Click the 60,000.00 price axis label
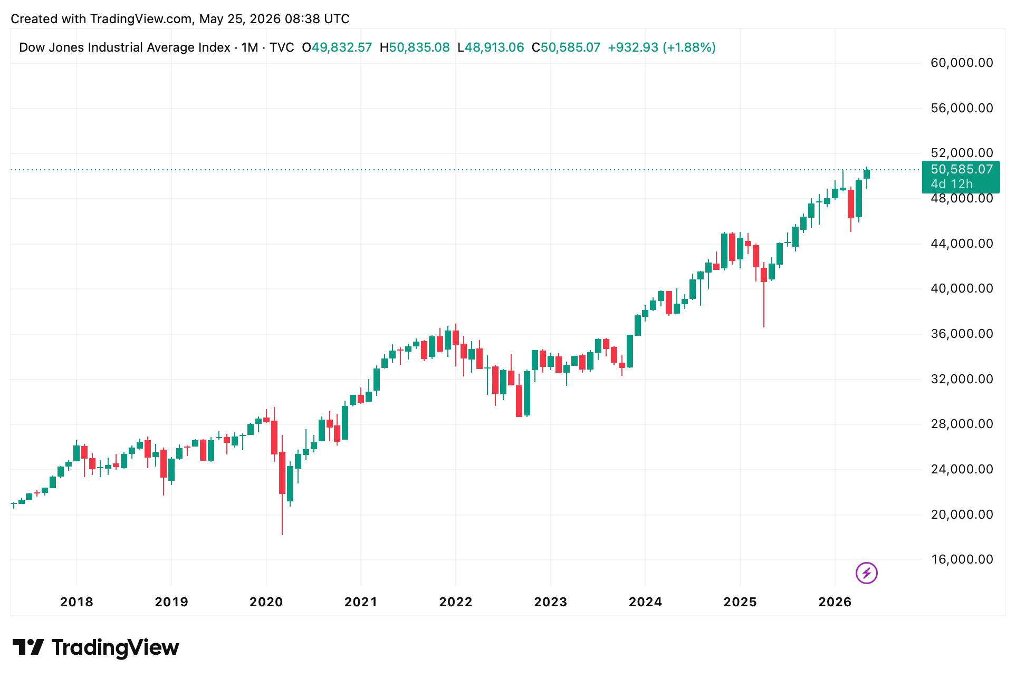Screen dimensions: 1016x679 (x=962, y=63)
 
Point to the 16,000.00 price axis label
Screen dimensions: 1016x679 (x=962, y=559)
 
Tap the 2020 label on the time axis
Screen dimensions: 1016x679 (x=266, y=602)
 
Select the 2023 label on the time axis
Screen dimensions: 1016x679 (x=550, y=602)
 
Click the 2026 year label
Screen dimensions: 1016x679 (x=835, y=602)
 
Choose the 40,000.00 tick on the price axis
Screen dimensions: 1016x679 (x=962, y=288)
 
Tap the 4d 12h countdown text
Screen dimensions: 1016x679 (x=952, y=184)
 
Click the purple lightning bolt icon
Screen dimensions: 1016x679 (x=866, y=573)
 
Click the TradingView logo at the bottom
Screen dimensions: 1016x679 (x=95, y=647)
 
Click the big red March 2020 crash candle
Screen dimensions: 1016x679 (x=282, y=473)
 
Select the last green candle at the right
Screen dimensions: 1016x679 (x=866, y=174)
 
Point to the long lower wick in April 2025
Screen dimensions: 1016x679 (x=763, y=305)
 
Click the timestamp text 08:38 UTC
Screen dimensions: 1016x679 (x=317, y=19)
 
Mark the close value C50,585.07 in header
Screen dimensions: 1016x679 (x=566, y=47)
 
